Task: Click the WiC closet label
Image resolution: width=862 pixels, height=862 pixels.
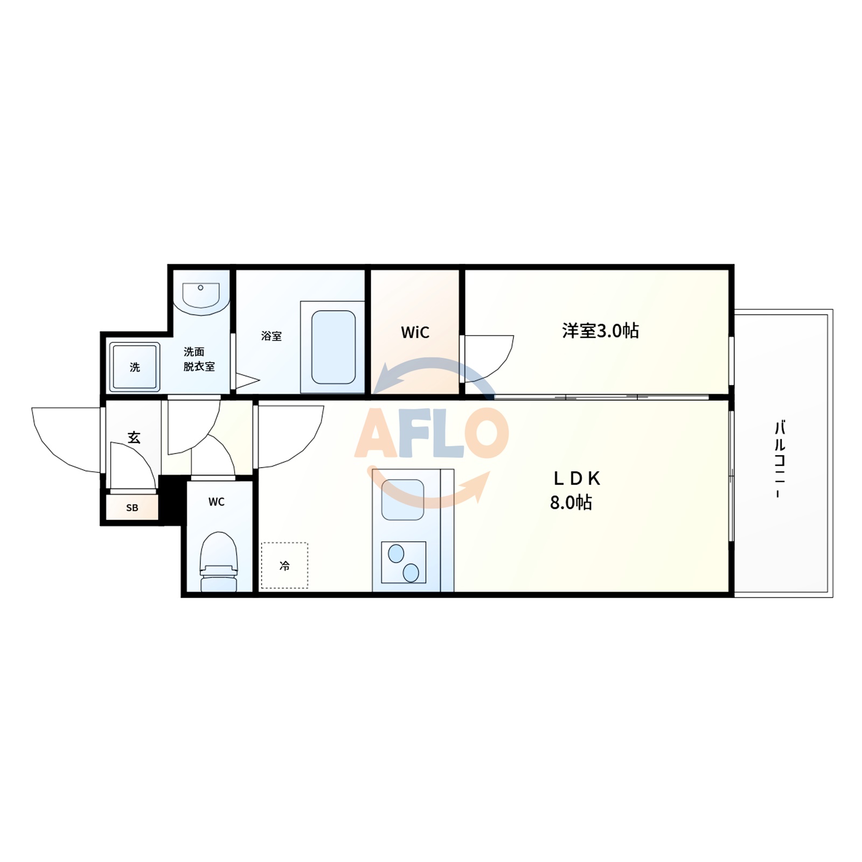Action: (415, 332)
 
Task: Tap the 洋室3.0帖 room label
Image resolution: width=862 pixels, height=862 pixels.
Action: (600, 330)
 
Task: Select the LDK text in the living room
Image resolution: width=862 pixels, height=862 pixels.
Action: (576, 478)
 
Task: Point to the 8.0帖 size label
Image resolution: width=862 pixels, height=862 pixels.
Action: (571, 503)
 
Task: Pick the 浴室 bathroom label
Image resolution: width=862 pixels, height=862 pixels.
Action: (271, 336)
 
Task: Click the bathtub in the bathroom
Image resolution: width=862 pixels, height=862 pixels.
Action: (333, 347)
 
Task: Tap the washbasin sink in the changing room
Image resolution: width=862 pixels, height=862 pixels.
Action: (201, 296)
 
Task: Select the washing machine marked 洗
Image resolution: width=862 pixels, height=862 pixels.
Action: (135, 367)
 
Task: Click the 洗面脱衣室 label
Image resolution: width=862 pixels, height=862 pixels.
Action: (198, 359)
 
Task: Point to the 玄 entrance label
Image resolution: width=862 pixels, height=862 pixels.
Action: (134, 437)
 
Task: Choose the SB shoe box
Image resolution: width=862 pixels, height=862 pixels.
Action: (132, 508)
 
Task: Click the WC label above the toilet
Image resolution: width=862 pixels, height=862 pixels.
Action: (217, 502)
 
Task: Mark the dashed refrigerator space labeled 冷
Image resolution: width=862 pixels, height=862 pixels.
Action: (284, 565)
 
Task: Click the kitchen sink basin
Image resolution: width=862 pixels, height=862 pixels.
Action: (402, 500)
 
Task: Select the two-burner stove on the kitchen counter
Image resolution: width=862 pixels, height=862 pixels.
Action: (404, 562)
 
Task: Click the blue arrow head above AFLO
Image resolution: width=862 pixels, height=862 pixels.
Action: (384, 380)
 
